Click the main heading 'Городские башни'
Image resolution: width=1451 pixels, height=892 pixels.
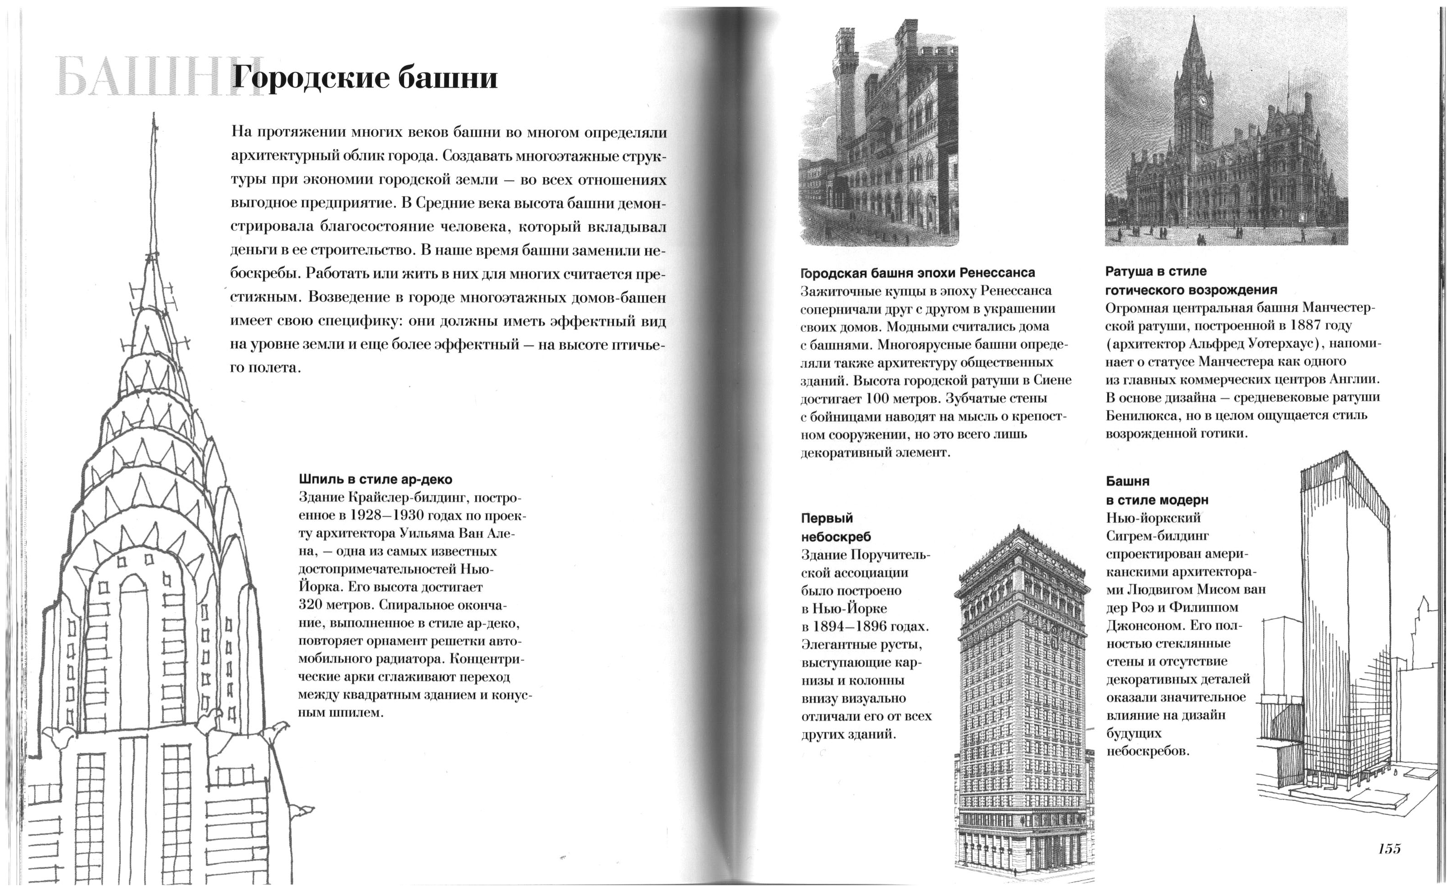click(364, 78)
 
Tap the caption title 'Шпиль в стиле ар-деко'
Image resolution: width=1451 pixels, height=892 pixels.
click(375, 479)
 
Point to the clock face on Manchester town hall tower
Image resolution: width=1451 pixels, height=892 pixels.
click(1202, 100)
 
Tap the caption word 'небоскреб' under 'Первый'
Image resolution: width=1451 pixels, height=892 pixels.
click(836, 537)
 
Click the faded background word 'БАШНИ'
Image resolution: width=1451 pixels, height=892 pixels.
click(141, 78)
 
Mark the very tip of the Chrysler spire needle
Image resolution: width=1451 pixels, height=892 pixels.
click(155, 114)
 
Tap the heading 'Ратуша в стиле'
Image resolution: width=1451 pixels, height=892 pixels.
click(1155, 271)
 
